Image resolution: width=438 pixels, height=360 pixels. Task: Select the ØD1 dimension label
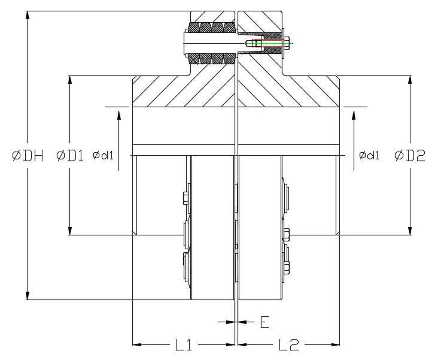70,156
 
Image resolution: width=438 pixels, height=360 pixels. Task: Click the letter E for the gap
264,322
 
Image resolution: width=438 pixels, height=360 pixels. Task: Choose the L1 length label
184,344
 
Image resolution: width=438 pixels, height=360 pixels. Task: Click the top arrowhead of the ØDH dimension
28,14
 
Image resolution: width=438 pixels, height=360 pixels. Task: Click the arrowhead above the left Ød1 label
119,113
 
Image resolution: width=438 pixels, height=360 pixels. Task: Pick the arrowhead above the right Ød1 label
354,113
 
